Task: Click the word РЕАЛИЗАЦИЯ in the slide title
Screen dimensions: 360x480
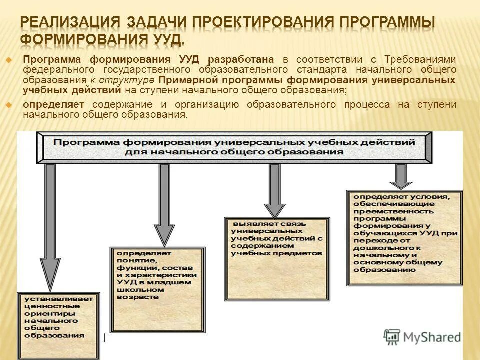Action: point(70,22)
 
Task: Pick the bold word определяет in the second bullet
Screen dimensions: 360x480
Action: point(53,104)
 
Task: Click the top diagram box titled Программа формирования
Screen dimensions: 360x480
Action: point(234,147)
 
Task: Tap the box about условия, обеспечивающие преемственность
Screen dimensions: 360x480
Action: point(404,238)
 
